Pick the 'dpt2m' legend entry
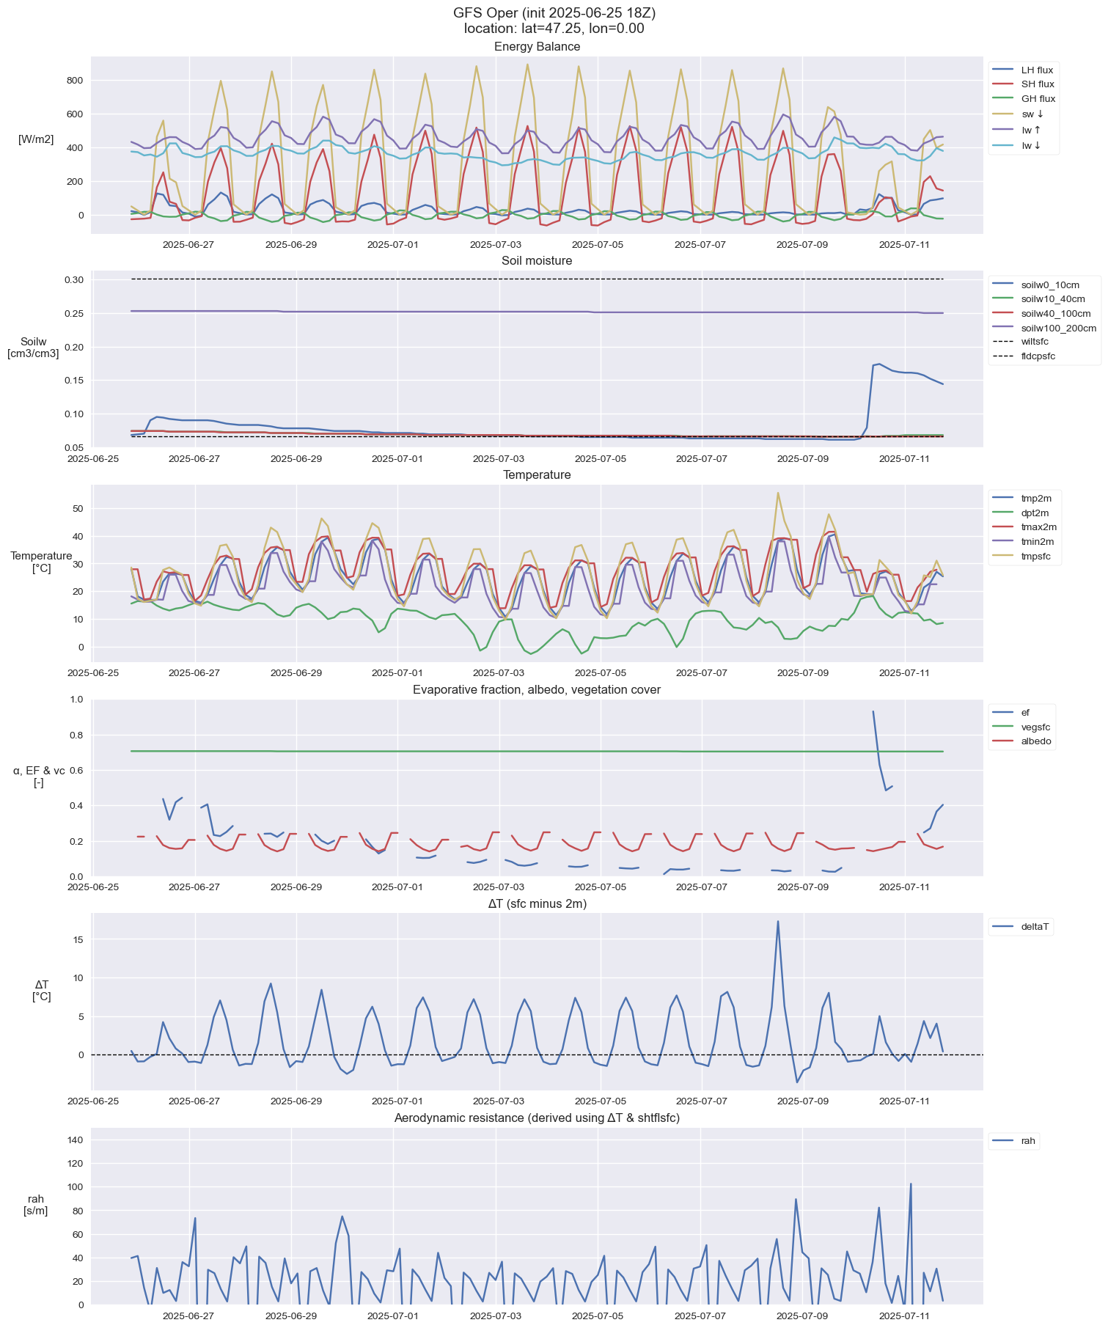1035,513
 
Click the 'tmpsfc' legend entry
1037,557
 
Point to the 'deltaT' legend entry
1035,927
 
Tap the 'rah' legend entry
1028,1141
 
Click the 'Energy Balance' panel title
537,47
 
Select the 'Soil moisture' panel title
537,261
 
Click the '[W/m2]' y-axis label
36,139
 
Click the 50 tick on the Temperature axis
78,509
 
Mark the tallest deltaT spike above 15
778,922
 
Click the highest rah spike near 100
911,1184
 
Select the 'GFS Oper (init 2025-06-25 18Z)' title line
554,13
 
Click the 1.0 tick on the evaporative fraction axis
76,700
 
